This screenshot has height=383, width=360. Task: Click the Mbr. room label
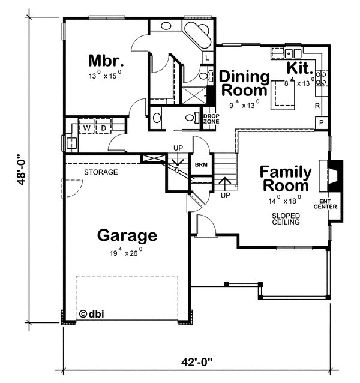pos(106,61)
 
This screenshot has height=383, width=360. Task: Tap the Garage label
pos(127,235)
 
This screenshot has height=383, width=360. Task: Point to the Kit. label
pos(299,67)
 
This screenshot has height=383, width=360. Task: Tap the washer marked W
pos(86,128)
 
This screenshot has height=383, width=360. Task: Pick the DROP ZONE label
pos(211,119)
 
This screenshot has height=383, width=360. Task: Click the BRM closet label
pos(200,164)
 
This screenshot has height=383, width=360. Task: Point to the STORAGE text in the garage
pos(100,172)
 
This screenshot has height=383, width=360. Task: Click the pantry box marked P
pos(321,122)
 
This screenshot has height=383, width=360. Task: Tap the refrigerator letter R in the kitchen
pos(316,106)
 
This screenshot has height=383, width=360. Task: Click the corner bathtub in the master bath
pos(196,36)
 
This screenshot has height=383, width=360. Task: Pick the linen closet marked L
pos(207,57)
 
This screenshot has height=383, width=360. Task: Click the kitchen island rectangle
pos(283,94)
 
